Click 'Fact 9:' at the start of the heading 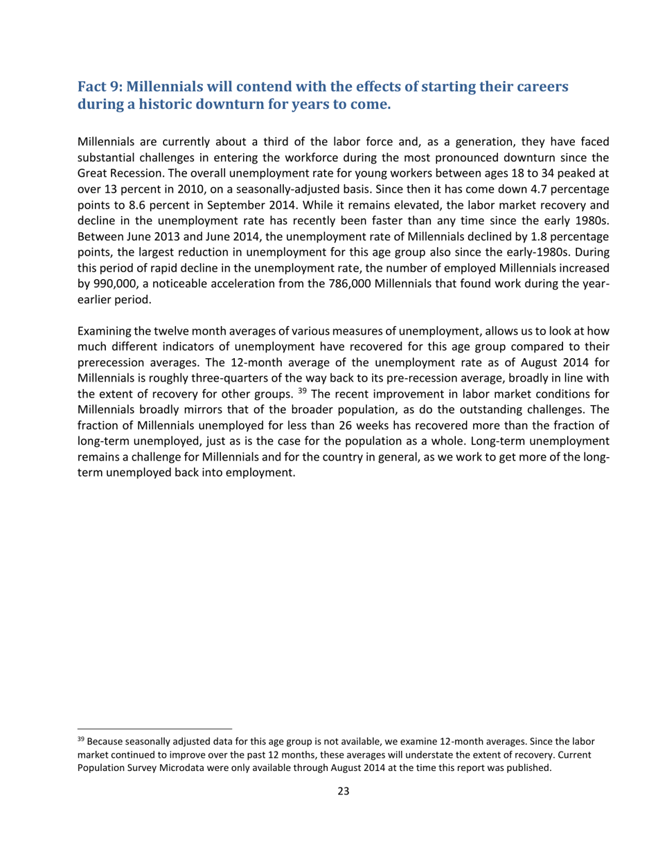(100, 87)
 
